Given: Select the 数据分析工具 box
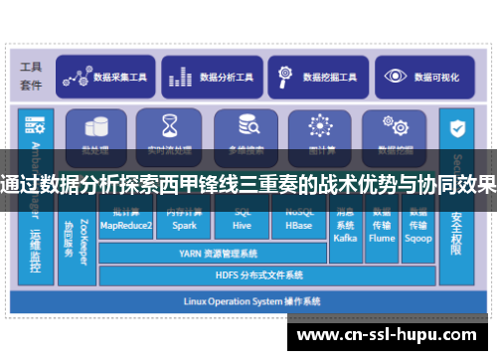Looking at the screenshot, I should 210,76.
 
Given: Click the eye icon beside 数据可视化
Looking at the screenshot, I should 397,76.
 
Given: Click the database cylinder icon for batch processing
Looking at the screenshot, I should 96,126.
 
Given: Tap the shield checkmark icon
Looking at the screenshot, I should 458,129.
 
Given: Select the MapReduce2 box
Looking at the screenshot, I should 126,221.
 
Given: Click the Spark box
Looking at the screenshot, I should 184,221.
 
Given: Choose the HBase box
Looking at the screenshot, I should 299,221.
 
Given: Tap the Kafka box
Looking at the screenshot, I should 345,224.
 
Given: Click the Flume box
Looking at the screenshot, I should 382,224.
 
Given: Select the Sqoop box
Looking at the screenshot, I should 418,224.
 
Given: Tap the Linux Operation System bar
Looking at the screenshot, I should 248,299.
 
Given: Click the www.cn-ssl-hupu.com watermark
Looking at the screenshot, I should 387,333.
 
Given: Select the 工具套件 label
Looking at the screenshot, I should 32,76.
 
